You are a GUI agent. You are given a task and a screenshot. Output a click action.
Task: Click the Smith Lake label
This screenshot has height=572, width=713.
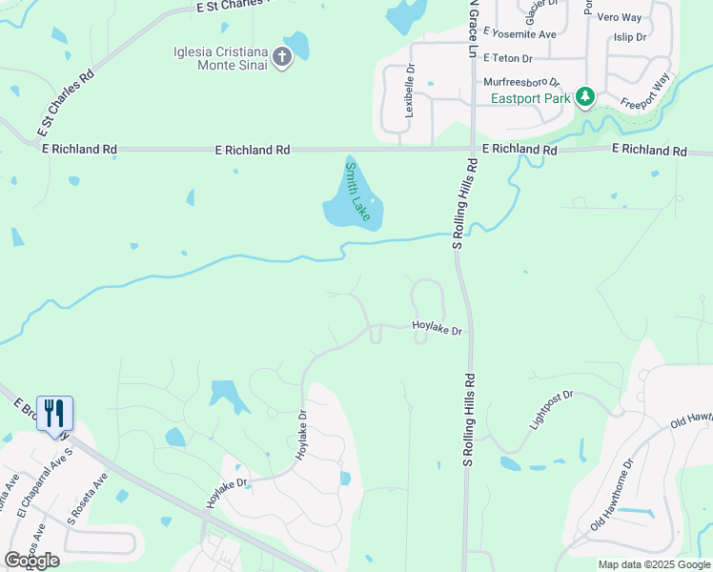coord(356,192)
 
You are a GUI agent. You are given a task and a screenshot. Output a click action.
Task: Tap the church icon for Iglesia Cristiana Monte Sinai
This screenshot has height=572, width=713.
coord(282,57)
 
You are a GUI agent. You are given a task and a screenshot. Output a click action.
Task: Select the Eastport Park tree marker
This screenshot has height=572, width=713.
coord(585,97)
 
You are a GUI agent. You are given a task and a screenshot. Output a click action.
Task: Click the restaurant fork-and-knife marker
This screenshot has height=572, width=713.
coord(54,414)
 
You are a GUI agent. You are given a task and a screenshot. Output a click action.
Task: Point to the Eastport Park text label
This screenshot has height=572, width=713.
coord(530,98)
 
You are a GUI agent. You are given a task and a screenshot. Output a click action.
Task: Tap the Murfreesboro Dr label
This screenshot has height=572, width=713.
coord(521,83)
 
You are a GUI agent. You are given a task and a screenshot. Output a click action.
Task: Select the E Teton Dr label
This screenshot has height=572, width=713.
coord(513,58)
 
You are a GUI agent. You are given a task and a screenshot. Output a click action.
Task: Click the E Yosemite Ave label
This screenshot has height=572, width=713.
coord(519,34)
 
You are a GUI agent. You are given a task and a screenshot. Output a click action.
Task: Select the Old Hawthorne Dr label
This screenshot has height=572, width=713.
coord(612,495)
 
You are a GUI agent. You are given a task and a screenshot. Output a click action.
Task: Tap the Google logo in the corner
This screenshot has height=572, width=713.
coord(31,560)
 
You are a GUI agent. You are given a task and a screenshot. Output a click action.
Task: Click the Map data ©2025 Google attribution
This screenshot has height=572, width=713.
coord(654,564)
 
